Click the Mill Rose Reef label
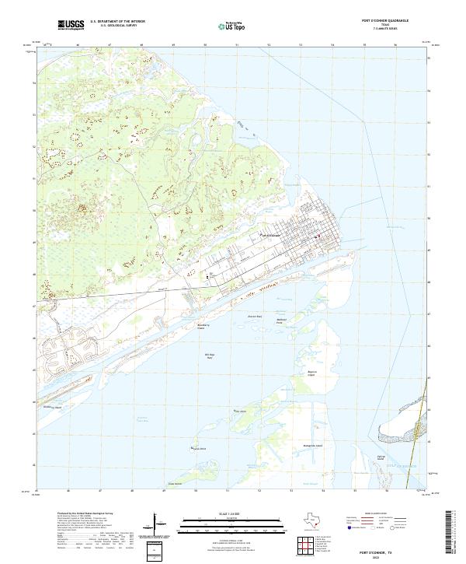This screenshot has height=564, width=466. tap(209, 356)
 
